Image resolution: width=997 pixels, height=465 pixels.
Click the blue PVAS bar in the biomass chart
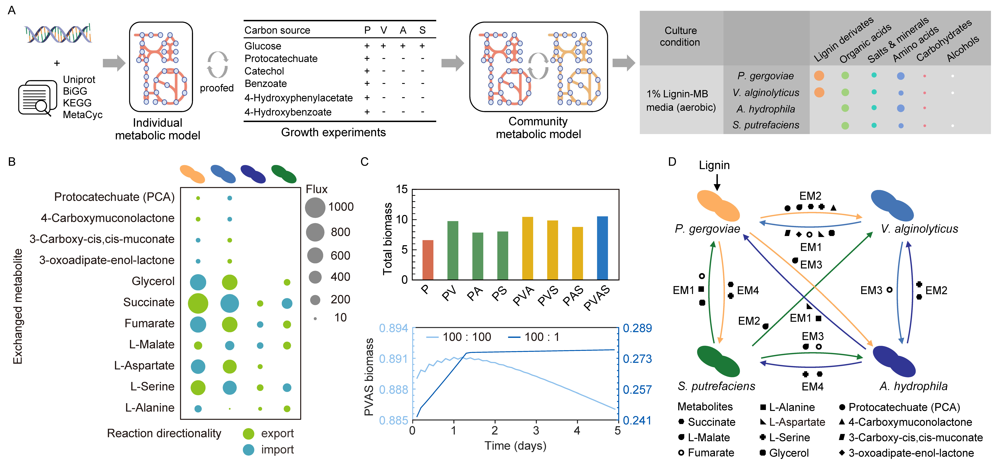[x=602, y=248]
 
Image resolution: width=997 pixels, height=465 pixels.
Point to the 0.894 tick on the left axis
[x=393, y=328]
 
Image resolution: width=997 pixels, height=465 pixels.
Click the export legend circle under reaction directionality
[x=248, y=434]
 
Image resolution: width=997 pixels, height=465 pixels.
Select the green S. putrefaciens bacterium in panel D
[x=718, y=361]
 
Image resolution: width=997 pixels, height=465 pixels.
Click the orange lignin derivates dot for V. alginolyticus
[x=819, y=92]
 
